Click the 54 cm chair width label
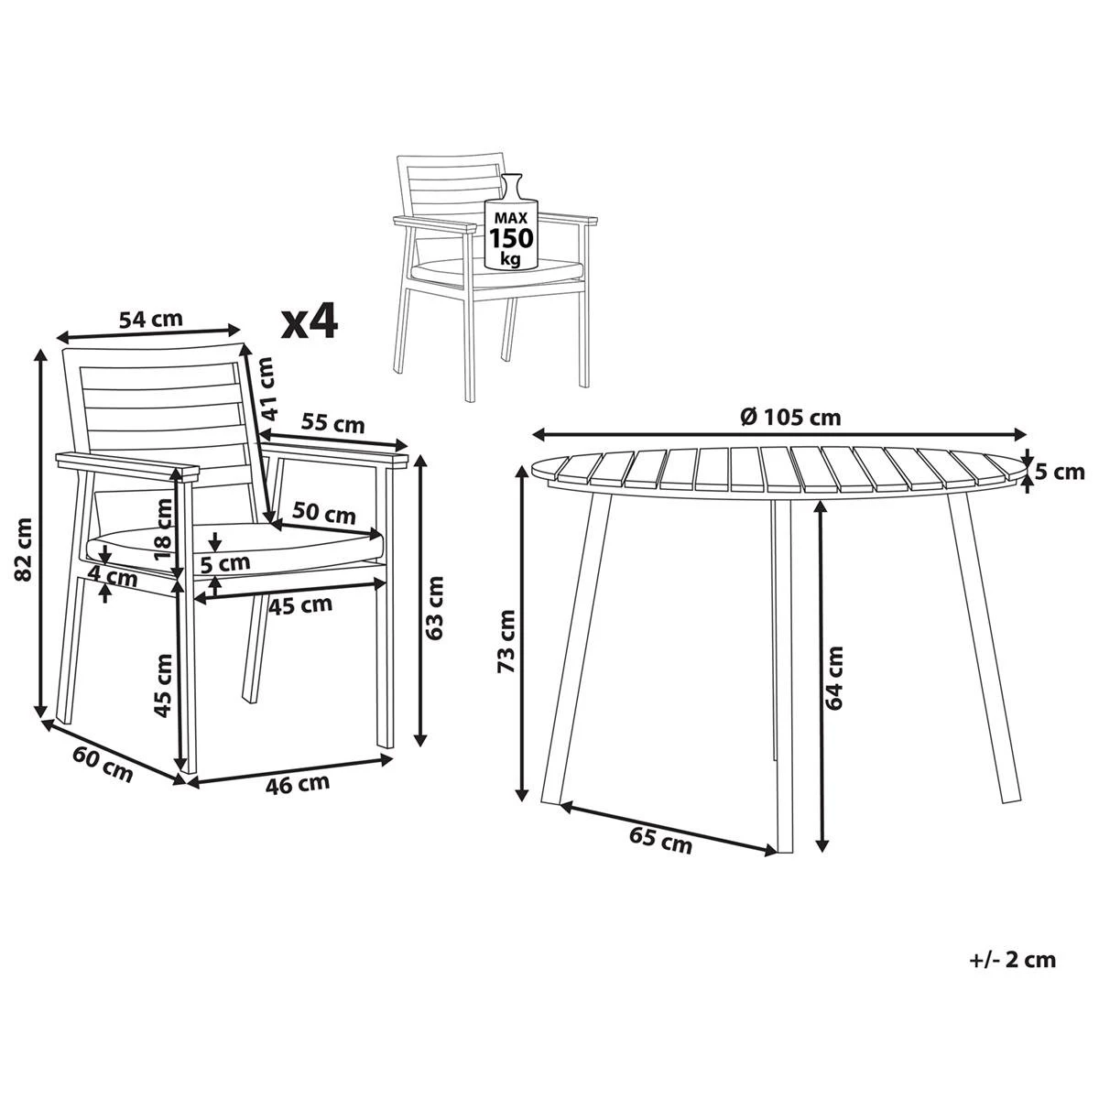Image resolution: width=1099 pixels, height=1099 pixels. tap(151, 319)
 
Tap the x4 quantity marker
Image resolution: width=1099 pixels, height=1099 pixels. tap(309, 321)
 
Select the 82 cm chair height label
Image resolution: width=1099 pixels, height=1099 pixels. tap(25, 548)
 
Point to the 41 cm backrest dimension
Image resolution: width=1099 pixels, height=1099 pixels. tap(266, 387)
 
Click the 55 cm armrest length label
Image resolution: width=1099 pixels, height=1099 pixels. tap(333, 423)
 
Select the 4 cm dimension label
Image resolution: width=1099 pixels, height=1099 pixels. tap(114, 578)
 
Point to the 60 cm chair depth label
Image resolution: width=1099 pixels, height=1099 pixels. tap(103, 763)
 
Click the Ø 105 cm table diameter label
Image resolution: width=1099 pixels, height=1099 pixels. tap(789, 417)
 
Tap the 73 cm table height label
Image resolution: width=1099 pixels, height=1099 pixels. tap(506, 641)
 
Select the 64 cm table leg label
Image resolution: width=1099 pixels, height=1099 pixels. tap(834, 678)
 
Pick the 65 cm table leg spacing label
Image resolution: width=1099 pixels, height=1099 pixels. tap(660, 840)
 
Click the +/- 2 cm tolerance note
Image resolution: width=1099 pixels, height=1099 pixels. tap(1012, 960)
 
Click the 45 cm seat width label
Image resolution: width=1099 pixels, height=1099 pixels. tap(300, 604)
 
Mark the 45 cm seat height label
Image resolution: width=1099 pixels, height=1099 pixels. tap(164, 683)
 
